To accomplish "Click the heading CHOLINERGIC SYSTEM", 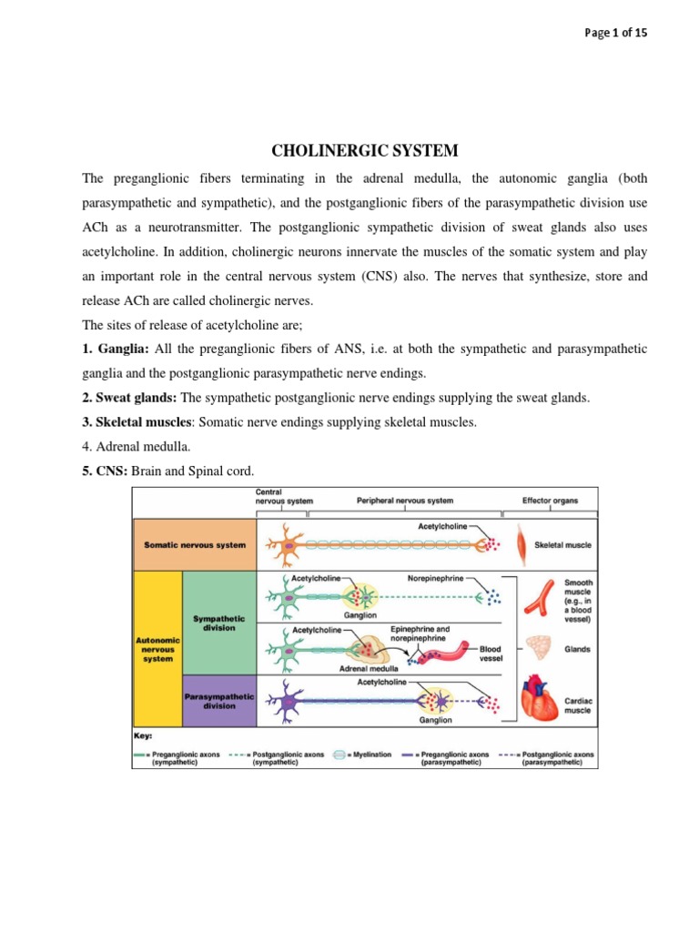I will (x=349, y=150).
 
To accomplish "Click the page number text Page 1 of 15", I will (x=616, y=33).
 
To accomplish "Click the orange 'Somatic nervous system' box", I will (x=195, y=545).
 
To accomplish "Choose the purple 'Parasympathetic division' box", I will (x=218, y=701).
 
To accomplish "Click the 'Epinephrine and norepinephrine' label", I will (x=420, y=633).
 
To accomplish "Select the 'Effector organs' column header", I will (x=549, y=501).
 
